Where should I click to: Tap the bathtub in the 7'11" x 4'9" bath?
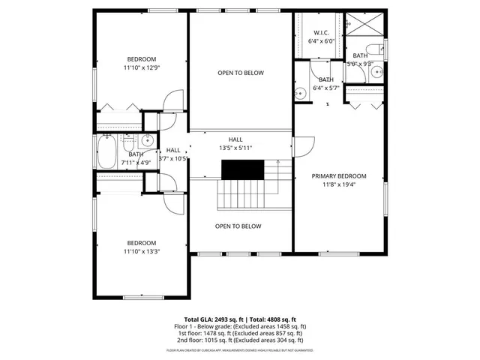[x=106, y=153]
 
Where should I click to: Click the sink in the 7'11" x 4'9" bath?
[x=148, y=139]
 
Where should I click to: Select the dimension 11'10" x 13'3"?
[x=141, y=251]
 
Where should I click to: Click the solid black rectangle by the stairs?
[x=241, y=171]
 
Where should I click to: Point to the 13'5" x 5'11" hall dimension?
[x=235, y=148]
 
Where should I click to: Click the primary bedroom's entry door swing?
[x=303, y=145]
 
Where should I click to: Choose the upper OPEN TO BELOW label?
[x=240, y=73]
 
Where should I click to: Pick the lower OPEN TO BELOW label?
[x=238, y=226]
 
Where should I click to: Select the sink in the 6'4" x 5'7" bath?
[x=300, y=94]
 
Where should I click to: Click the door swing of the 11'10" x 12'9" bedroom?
[x=173, y=101]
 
